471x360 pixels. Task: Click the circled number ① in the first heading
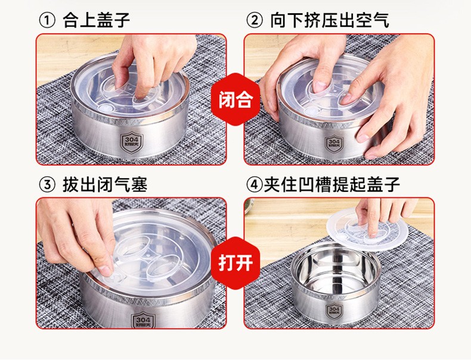(47, 20)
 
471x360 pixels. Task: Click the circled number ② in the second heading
(255, 20)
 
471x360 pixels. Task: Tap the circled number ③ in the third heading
(47, 184)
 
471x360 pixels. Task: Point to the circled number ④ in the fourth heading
(255, 184)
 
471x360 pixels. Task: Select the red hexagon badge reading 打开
(235, 263)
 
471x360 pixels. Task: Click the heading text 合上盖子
(96, 20)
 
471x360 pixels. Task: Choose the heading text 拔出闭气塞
(104, 184)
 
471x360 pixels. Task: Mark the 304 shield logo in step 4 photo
(334, 311)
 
